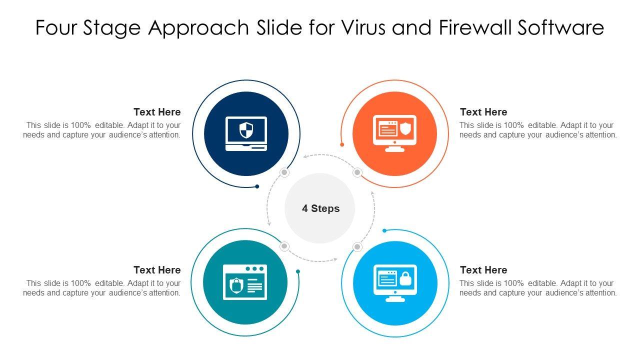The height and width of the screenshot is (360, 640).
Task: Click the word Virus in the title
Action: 365,28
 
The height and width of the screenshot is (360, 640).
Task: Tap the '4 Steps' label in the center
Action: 320,208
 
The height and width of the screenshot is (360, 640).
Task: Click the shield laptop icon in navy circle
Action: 246,133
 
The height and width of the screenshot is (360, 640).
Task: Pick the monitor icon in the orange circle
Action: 394,133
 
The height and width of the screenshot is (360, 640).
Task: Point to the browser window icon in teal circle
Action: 245,282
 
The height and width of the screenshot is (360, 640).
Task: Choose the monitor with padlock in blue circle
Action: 395,282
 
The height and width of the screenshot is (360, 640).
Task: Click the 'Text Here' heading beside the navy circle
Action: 157,112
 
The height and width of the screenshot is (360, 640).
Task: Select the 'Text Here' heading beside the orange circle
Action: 483,112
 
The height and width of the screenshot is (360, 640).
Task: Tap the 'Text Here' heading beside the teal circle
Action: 157,270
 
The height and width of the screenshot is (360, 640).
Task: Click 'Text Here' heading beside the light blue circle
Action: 483,270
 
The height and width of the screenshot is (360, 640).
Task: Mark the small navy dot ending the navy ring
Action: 257,186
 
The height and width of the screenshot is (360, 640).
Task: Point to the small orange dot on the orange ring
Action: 342,144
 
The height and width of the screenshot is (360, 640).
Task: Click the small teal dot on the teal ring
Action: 298,271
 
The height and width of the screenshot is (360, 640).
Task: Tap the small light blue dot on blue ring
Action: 384,230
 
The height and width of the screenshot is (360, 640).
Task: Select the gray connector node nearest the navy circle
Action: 284,172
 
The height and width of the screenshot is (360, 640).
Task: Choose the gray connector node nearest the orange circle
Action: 357,172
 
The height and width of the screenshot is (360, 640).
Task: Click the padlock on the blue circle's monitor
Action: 405,279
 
